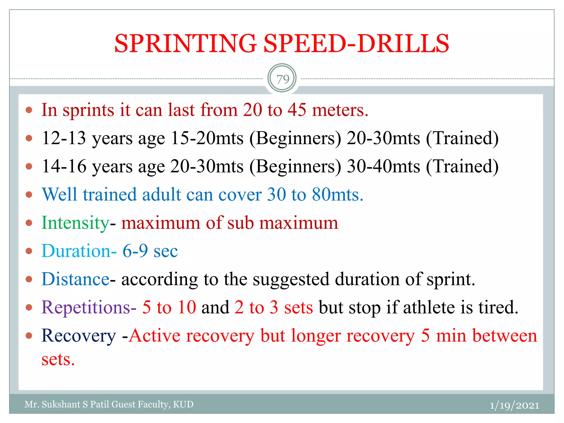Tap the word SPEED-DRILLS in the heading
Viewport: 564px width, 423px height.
click(x=356, y=44)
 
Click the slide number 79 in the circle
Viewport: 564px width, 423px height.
click(x=283, y=79)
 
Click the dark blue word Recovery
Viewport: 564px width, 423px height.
click(x=79, y=336)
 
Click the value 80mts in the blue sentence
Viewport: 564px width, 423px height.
click(x=337, y=194)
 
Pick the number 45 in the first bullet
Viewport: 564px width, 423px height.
click(x=297, y=110)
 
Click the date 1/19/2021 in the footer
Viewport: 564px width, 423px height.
click(x=514, y=405)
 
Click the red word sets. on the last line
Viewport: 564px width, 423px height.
click(x=58, y=359)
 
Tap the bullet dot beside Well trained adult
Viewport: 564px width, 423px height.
click(x=29, y=195)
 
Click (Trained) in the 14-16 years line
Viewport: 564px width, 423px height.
click(x=462, y=166)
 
